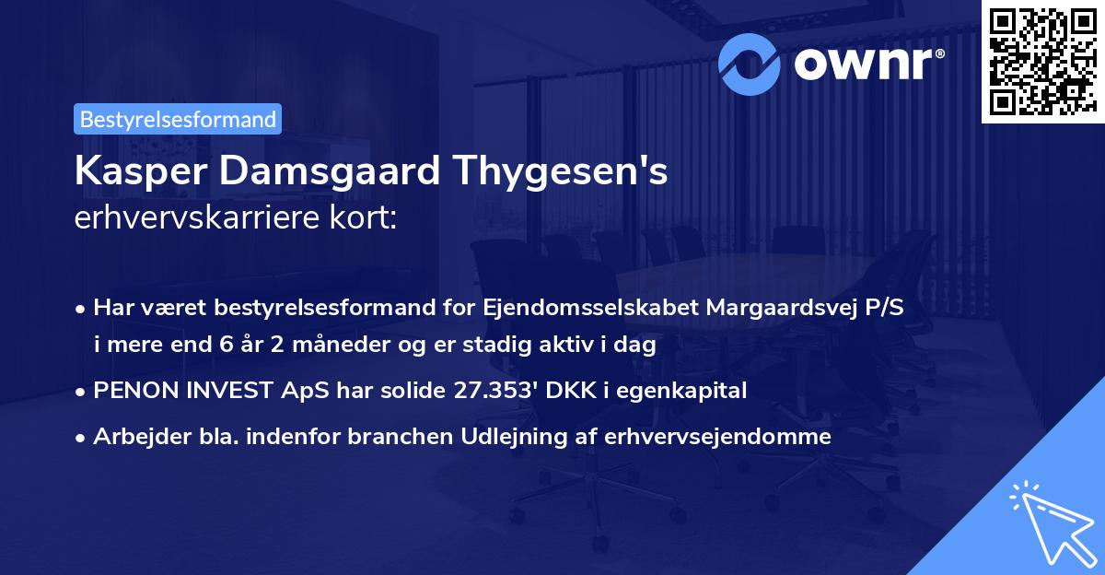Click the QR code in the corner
pos(1041,62)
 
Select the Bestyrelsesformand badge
pos(178,119)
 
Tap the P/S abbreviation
pos(883,308)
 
